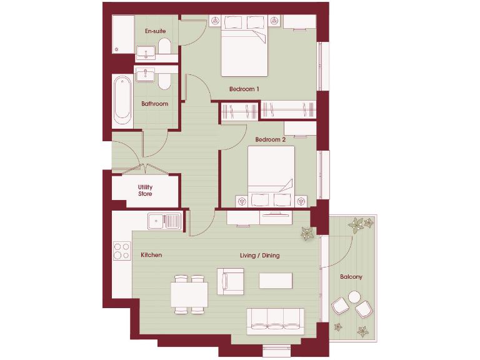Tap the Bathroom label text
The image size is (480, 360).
click(x=154, y=104)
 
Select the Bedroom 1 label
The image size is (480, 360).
click(x=244, y=89)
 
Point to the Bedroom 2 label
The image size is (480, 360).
click(x=270, y=140)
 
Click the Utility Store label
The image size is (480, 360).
click(x=145, y=190)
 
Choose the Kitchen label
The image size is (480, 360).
click(x=151, y=255)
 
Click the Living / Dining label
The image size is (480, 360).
click(x=259, y=256)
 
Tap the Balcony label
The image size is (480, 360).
click(x=351, y=276)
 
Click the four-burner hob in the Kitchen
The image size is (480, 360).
click(x=121, y=251)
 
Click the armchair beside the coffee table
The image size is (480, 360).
click(x=230, y=281)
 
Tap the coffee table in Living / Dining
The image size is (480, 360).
click(x=276, y=280)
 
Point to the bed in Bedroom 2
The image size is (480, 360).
click(x=270, y=171)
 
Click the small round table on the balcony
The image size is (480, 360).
click(x=355, y=297)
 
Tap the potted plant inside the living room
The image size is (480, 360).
click(x=307, y=234)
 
